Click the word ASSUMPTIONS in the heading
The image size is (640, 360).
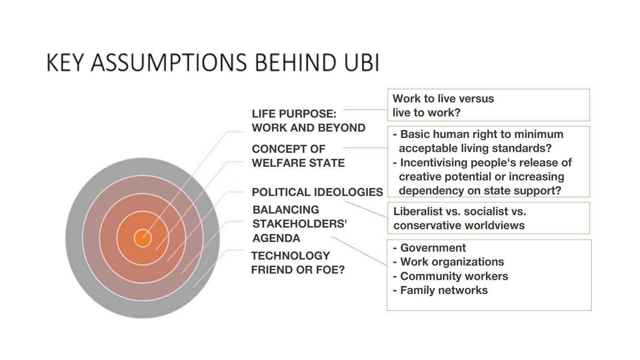(x=169, y=62)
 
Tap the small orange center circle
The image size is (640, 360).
(x=142, y=238)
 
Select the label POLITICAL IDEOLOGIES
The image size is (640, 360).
(x=318, y=192)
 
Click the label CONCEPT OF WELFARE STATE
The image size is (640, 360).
(x=298, y=156)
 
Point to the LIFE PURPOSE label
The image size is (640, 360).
(x=294, y=114)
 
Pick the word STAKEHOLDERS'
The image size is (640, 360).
(x=300, y=224)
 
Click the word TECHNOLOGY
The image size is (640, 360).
(x=290, y=256)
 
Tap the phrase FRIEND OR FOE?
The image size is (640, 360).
(x=298, y=270)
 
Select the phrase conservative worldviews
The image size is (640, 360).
(x=459, y=226)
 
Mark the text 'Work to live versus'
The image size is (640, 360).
(x=443, y=98)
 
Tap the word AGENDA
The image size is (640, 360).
(x=276, y=238)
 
